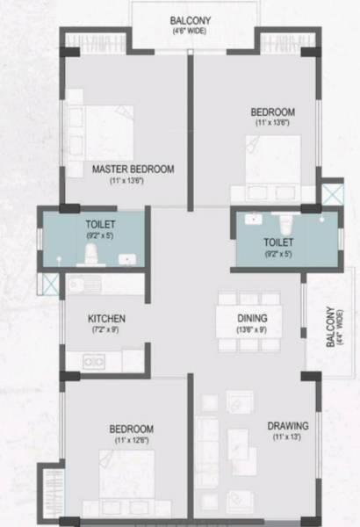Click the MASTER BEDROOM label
133,168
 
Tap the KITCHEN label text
106,318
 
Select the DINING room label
252,318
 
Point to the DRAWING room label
287,426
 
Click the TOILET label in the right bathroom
278,242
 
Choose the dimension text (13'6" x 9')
252,331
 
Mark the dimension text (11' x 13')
287,438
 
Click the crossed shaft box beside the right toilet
332,193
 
